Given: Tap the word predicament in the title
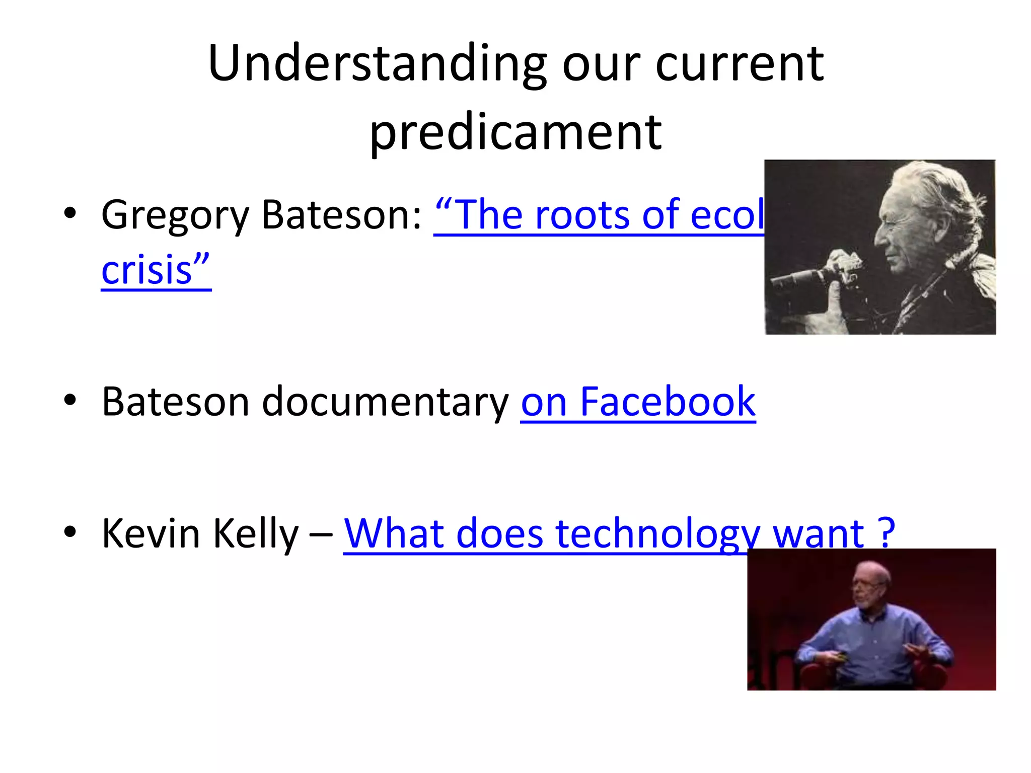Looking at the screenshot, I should (515, 132).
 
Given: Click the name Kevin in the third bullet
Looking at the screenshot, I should (151, 533).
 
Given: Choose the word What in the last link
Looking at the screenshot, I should (393, 533).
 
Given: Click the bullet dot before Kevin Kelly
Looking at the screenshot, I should (70, 532).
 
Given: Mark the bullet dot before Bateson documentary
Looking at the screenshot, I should (70, 401).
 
